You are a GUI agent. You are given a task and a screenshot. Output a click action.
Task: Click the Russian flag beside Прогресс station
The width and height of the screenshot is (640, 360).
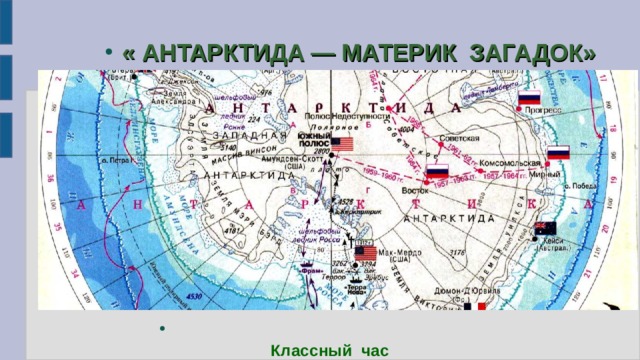(x=529, y=98)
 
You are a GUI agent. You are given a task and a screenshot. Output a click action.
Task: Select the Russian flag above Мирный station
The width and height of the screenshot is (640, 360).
(x=558, y=153)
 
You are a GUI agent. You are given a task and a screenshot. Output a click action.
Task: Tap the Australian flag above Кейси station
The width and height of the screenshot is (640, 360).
(x=545, y=228)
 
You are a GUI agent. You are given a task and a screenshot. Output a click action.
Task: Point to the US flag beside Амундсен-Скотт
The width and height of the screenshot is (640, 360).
(x=342, y=145)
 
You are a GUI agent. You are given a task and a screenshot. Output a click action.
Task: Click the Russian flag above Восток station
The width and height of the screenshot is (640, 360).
(x=437, y=171)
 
